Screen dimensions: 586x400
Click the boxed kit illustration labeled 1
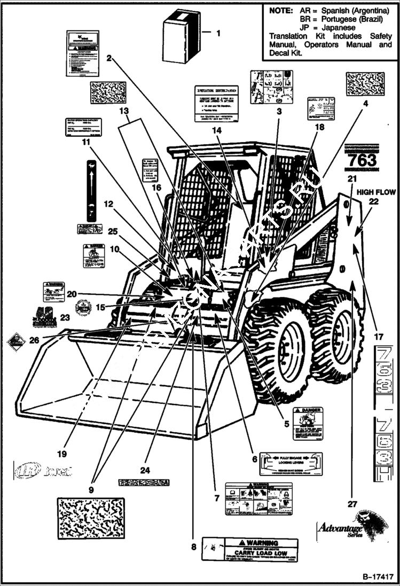point(181,36)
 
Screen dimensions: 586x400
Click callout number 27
point(351,503)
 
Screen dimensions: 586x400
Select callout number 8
point(194,546)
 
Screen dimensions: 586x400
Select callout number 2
point(108,58)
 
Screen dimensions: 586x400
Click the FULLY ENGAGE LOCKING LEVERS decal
point(291,463)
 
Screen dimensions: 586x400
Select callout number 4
point(366,105)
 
